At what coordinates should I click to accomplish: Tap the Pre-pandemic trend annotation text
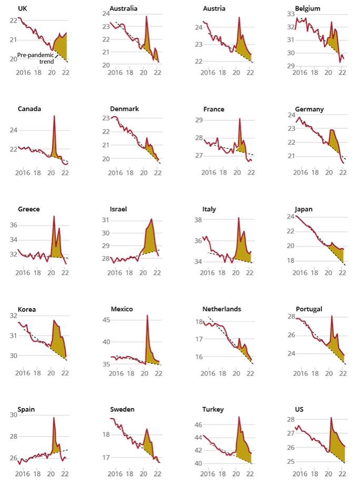tap(35, 58)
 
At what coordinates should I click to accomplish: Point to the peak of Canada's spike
tap(54, 116)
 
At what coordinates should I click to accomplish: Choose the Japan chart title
tap(304, 209)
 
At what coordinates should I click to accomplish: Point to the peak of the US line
tap(331, 417)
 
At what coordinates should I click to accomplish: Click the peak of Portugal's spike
tap(332, 316)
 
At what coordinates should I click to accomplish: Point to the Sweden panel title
tap(122, 409)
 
